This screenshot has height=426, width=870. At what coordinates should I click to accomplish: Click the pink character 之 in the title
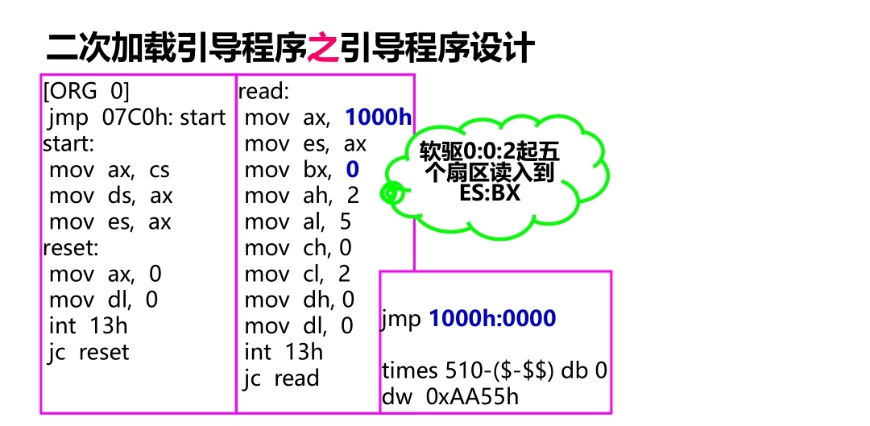click(324, 48)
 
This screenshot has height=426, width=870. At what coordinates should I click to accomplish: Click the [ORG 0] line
click(86, 92)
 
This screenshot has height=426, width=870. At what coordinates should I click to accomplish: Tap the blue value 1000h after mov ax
click(378, 118)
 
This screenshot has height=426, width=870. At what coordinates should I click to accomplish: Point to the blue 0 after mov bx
click(352, 170)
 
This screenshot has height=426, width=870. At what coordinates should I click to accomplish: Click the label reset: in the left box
click(71, 248)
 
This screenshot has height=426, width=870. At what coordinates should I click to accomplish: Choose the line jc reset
click(89, 352)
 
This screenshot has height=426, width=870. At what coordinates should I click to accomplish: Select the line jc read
click(281, 378)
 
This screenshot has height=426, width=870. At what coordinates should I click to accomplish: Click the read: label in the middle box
click(263, 92)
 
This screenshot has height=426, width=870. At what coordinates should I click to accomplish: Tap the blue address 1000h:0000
click(492, 319)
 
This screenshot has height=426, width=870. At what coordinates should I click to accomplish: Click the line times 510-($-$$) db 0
click(495, 371)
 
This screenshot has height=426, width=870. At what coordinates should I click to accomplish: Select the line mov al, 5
click(298, 221)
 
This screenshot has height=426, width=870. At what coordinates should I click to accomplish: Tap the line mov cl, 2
click(298, 274)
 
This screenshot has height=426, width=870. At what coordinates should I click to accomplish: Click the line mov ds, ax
click(110, 196)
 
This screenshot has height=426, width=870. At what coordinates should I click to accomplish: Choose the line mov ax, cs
click(109, 170)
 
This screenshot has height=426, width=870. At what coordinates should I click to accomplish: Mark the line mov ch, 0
click(298, 248)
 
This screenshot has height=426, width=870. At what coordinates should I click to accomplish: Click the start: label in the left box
click(68, 144)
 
